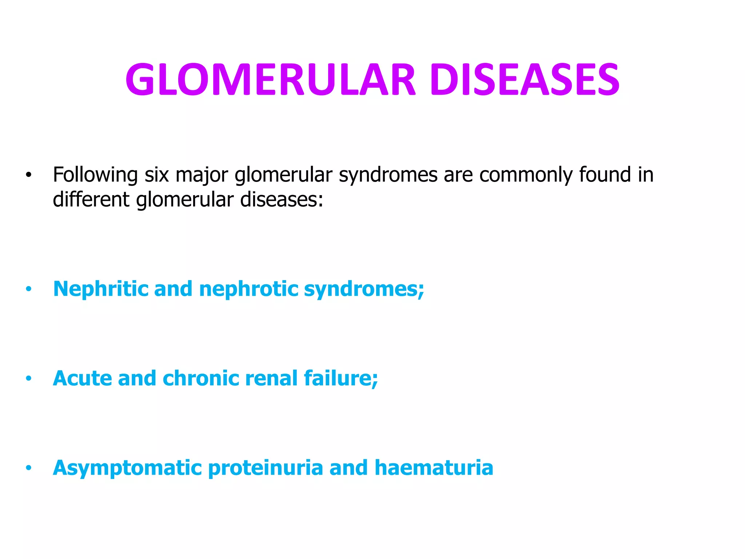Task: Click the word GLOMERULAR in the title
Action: (x=270, y=80)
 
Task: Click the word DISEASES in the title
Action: (x=525, y=80)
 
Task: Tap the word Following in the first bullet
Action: (x=95, y=175)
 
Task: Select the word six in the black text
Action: (x=157, y=175)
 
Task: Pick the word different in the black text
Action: (x=91, y=199)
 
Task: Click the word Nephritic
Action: (x=100, y=289)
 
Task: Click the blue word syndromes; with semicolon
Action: (x=364, y=290)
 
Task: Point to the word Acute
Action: (x=82, y=378)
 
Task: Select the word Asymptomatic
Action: (x=127, y=468)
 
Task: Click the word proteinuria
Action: (x=266, y=468)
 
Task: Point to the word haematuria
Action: (x=434, y=468)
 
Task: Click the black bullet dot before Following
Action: (x=29, y=175)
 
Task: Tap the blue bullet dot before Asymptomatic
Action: (x=29, y=468)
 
